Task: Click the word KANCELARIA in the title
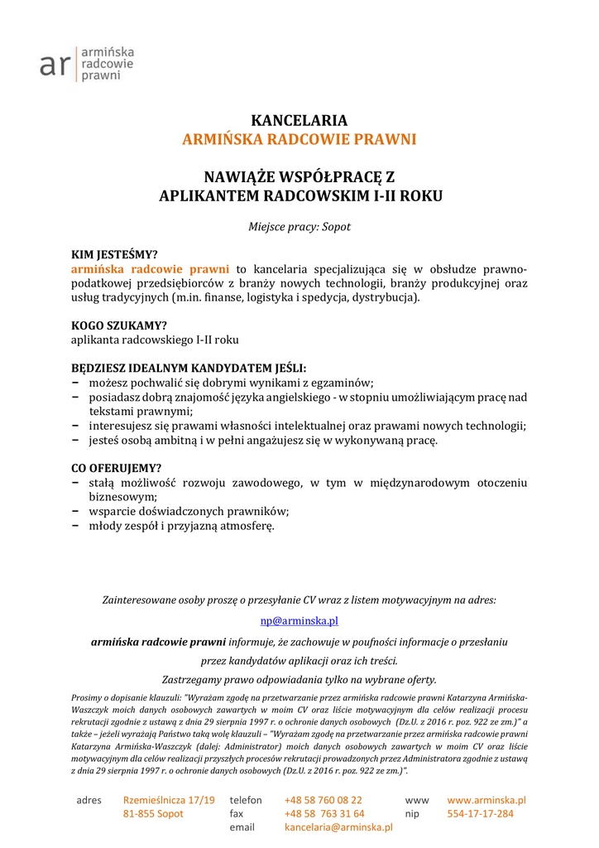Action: click(x=299, y=121)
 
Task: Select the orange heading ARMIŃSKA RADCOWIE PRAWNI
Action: click(x=299, y=139)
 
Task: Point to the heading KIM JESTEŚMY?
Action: click(x=114, y=254)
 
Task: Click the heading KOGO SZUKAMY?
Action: click(x=119, y=325)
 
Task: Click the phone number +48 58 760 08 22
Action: click(x=323, y=800)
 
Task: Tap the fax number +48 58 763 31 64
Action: click(x=323, y=814)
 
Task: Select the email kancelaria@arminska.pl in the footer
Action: click(x=338, y=827)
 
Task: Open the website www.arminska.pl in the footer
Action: click(x=486, y=800)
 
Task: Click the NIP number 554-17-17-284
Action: click(x=480, y=814)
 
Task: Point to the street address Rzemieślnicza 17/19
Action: click(x=169, y=800)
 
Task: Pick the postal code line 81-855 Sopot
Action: click(x=153, y=814)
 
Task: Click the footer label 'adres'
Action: click(x=89, y=800)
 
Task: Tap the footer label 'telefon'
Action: click(x=246, y=800)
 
